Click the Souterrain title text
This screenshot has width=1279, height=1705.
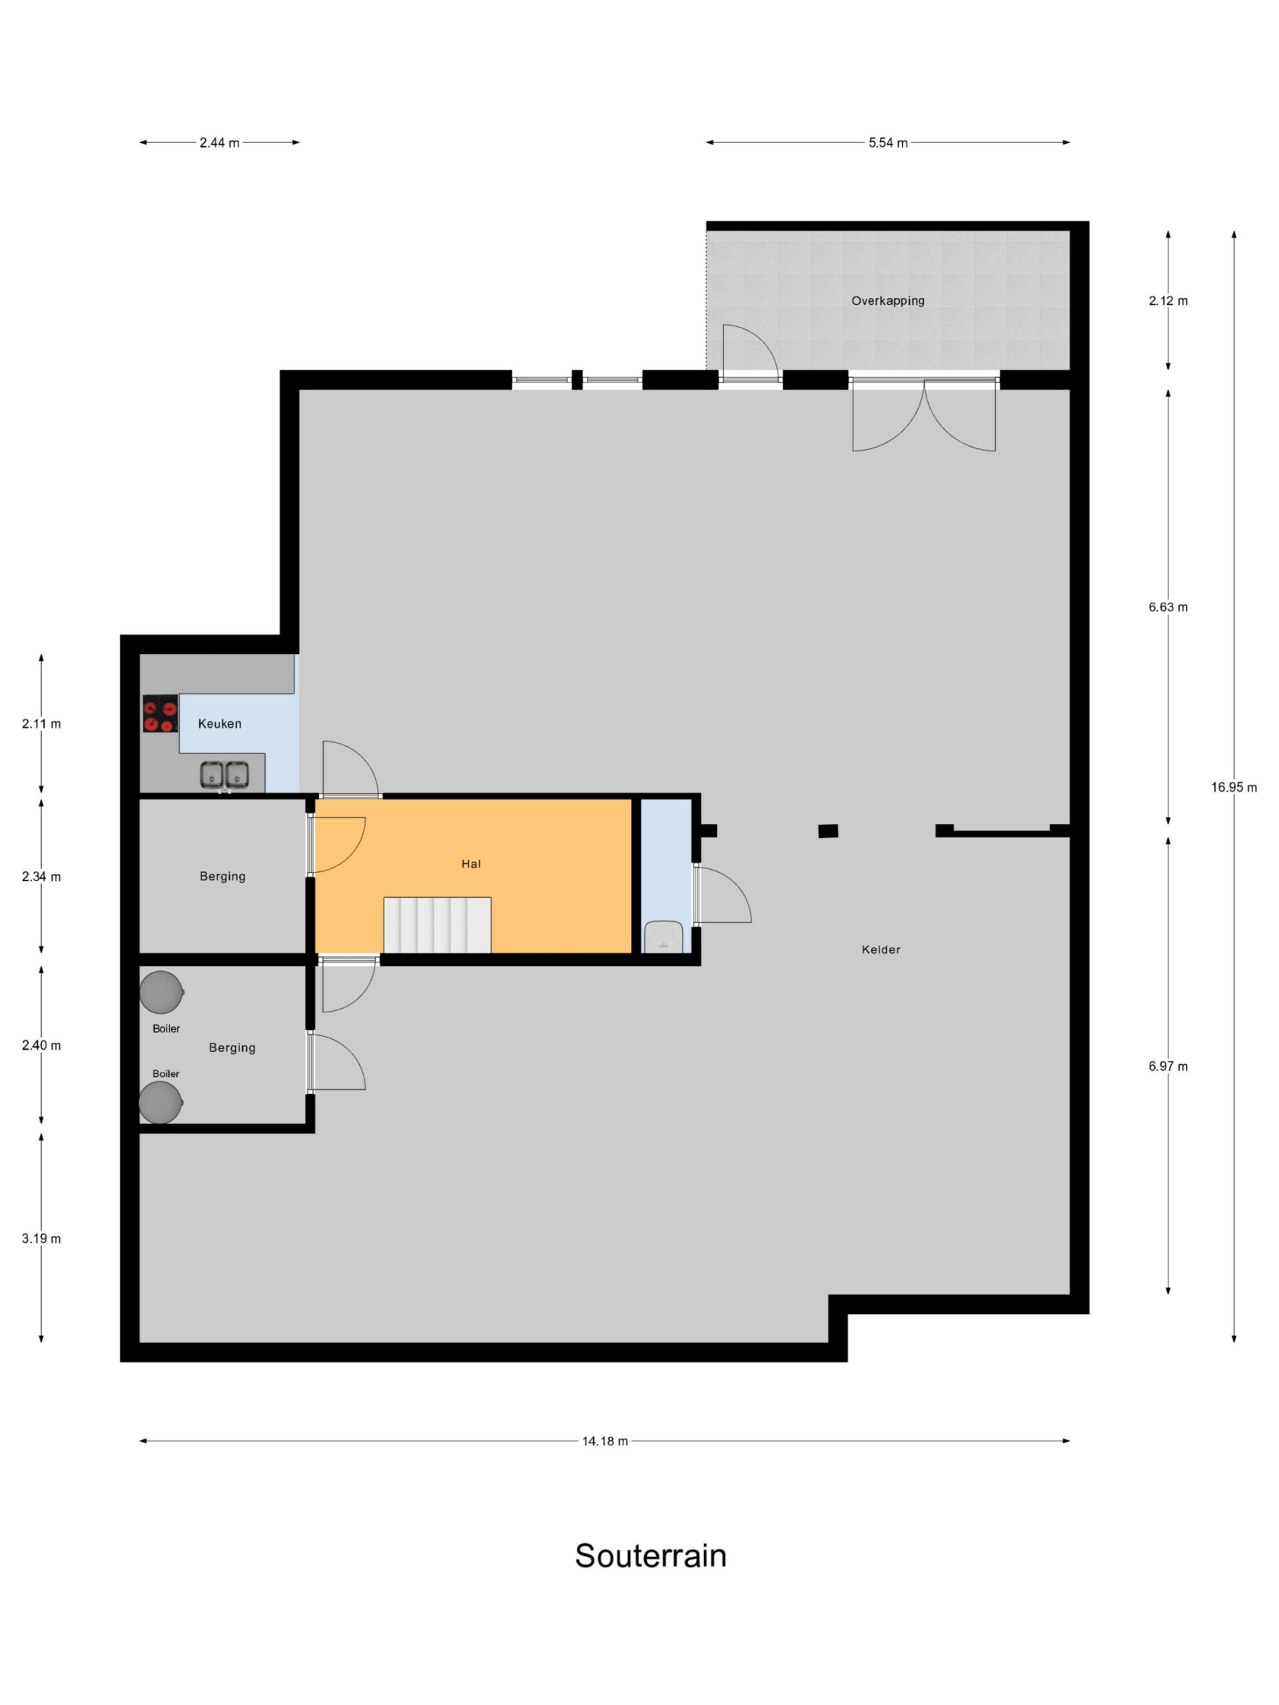click(650, 1555)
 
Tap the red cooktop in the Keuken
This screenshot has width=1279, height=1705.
click(161, 713)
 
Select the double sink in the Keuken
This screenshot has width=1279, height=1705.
click(224, 775)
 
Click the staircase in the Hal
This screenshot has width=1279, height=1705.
click(437, 924)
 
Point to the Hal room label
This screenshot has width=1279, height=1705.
click(471, 864)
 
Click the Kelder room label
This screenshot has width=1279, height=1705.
click(881, 950)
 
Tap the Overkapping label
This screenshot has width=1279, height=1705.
click(887, 300)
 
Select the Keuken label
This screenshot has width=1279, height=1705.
click(220, 724)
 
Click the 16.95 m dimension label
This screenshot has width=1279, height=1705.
click(1234, 787)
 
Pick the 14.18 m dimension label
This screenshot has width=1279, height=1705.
click(604, 1441)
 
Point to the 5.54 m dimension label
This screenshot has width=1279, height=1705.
click(888, 143)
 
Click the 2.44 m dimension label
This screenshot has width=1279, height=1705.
click(219, 143)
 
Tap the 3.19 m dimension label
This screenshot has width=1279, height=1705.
click(41, 1239)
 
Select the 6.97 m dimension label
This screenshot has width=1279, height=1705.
click(1168, 1066)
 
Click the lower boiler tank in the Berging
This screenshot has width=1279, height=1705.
click(161, 1102)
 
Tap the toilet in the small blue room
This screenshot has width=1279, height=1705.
click(663, 936)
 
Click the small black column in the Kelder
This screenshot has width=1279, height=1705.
click(828, 831)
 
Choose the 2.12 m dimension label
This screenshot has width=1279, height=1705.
click(1168, 300)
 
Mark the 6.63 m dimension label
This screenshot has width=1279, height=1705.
click(1168, 607)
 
